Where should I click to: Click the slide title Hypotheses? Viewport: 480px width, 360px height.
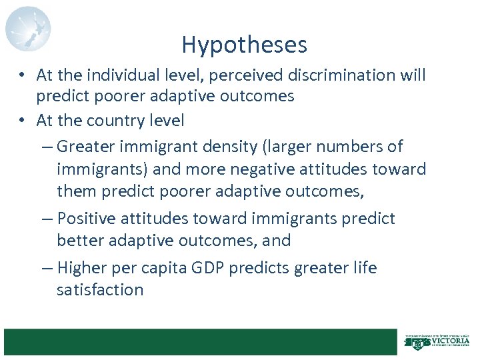coord(244,45)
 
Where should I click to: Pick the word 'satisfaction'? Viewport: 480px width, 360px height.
coord(100,290)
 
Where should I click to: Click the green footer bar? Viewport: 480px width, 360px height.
coord(199,341)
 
